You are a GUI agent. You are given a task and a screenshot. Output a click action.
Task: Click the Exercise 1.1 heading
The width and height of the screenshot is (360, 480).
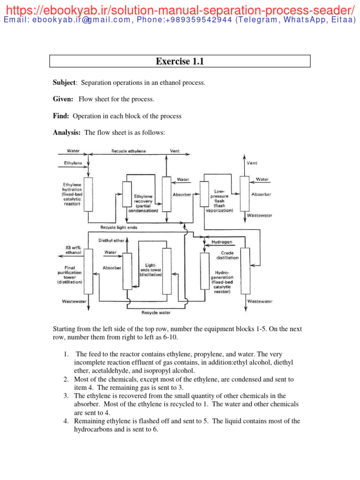(x=180, y=61)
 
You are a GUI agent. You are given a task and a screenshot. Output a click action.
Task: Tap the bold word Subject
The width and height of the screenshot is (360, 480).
(x=64, y=83)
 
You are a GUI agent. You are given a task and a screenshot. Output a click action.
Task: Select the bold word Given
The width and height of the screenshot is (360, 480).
(x=63, y=99)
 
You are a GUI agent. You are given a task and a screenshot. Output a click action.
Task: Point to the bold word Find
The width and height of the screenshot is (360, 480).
(x=61, y=116)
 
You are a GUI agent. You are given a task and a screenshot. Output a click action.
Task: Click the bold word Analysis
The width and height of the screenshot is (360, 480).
(x=67, y=133)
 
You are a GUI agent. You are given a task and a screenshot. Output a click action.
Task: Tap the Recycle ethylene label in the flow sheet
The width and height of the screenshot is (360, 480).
(x=128, y=151)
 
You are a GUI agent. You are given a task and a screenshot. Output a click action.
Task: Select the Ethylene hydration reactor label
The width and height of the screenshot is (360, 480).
(x=71, y=194)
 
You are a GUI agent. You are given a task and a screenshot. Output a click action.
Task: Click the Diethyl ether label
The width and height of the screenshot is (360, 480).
(x=111, y=240)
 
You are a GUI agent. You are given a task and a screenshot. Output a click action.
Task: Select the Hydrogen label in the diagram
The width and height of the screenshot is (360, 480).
(x=222, y=242)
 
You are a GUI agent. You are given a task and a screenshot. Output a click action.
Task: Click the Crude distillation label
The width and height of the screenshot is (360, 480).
(x=227, y=255)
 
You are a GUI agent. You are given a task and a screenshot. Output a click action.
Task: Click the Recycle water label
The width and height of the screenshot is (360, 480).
(x=156, y=312)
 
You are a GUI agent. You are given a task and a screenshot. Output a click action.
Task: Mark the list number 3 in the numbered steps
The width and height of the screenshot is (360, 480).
(x=66, y=396)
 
